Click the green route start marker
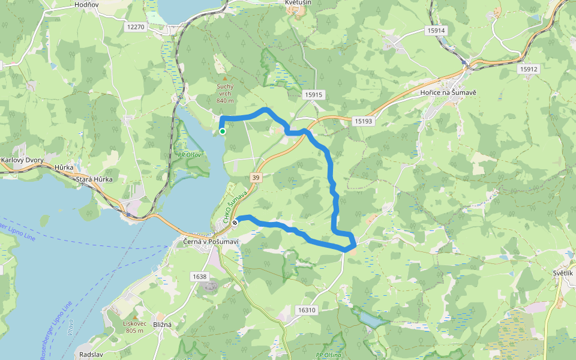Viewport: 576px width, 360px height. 223,131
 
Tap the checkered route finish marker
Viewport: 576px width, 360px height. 235,222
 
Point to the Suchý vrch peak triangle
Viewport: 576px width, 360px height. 225,79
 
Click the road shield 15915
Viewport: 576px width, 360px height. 313,95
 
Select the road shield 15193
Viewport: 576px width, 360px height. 363,121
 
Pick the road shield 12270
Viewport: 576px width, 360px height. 136,27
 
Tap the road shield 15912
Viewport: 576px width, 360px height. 529,69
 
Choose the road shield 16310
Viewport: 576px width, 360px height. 305,310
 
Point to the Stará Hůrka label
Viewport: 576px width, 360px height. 94,179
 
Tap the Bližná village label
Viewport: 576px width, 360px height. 162,325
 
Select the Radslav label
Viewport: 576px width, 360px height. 91,355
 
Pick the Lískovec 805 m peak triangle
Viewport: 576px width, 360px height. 135,317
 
